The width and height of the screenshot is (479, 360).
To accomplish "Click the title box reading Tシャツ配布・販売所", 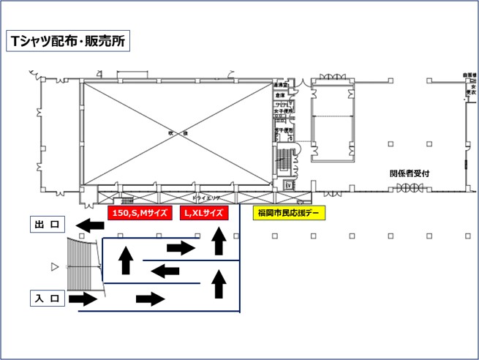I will pos(67,41).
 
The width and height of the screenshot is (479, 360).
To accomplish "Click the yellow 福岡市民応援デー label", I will pos(288,213).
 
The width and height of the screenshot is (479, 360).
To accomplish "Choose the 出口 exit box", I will pos(49,225).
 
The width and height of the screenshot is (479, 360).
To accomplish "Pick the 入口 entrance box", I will pos(49,299).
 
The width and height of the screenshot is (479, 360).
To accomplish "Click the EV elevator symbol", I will pos(287,185).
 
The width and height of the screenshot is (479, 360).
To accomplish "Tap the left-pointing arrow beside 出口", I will pos(91,225).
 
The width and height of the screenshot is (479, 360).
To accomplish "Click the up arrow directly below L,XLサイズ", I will pos(218,241).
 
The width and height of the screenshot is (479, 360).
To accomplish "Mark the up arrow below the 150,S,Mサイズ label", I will pos(126,260).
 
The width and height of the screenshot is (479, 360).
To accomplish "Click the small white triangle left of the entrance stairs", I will pos(53,268).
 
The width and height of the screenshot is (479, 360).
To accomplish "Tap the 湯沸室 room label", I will pos(280,86).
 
